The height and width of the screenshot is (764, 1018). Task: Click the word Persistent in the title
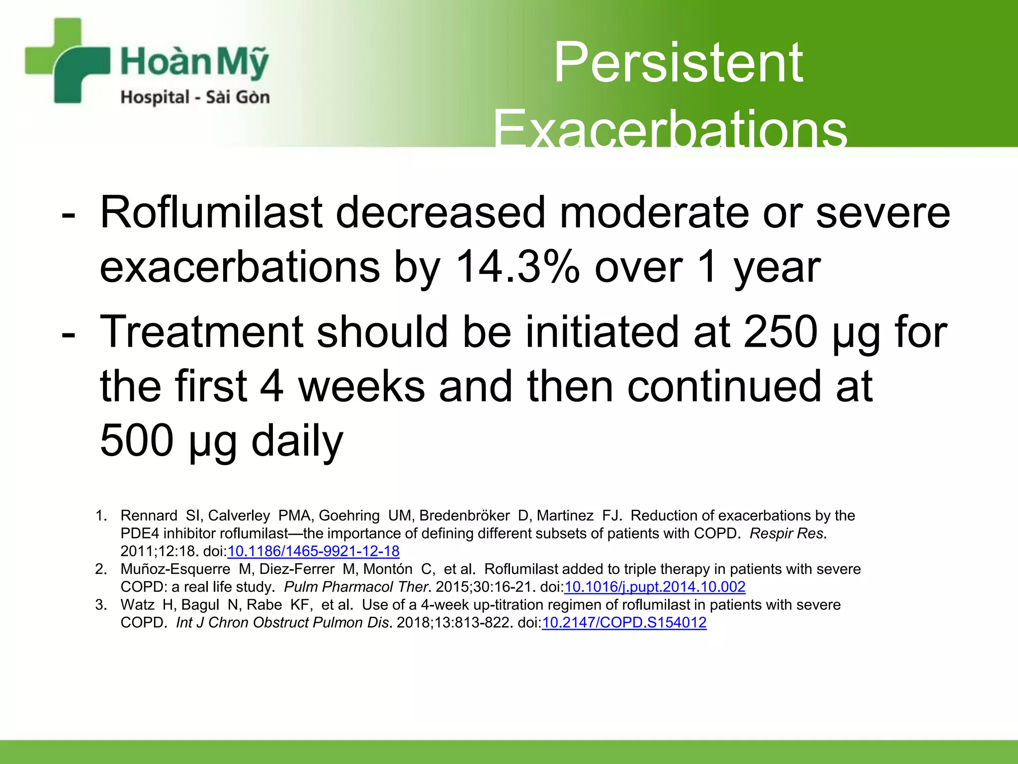[x=678, y=63]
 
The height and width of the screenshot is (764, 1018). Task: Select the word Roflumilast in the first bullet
[x=211, y=212]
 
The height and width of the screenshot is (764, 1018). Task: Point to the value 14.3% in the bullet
[x=517, y=267]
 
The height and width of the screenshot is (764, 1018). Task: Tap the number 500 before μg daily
[x=137, y=440]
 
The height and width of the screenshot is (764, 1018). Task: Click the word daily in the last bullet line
[x=297, y=440]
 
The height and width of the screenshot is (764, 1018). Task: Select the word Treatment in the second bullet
[x=202, y=332]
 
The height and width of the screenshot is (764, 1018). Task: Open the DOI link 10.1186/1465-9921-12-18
[x=313, y=551]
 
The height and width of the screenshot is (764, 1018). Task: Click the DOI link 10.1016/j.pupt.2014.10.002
[x=655, y=587]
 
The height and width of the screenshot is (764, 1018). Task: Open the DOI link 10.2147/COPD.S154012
[x=624, y=623]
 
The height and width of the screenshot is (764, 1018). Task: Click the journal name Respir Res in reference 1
[x=787, y=534]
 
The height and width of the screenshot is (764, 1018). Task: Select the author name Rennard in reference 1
[x=149, y=516]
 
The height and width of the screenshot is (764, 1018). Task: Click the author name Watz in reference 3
[x=137, y=605]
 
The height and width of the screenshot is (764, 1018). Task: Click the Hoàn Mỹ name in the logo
[x=194, y=62]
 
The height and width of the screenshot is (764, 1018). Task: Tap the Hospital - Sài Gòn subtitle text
[x=195, y=97]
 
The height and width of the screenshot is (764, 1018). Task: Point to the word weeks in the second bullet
[x=361, y=386]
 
